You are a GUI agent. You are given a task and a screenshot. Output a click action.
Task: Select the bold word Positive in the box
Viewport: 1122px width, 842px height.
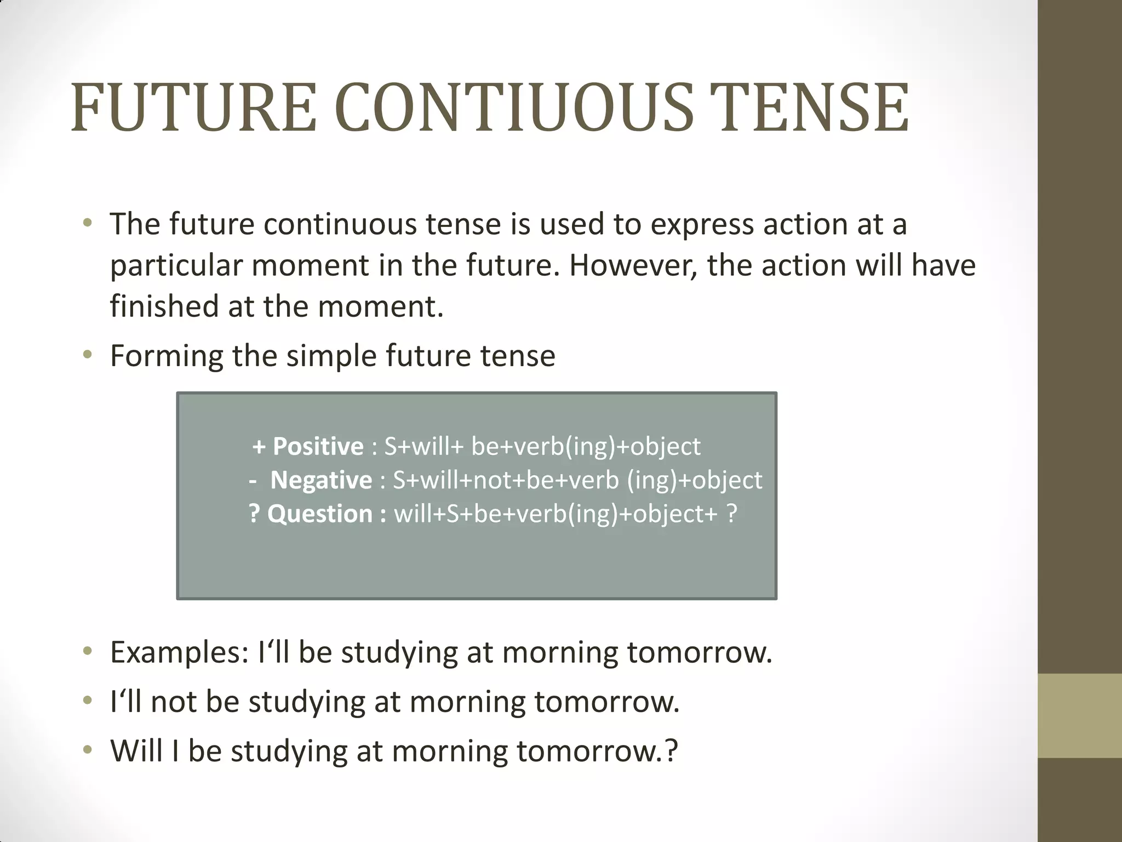(318, 447)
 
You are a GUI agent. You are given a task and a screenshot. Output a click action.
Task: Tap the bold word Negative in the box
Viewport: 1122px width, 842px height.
(321, 480)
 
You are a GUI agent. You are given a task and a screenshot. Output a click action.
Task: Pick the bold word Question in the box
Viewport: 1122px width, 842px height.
(320, 514)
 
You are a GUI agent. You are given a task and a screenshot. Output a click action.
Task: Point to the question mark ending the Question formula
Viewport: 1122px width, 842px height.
(731, 514)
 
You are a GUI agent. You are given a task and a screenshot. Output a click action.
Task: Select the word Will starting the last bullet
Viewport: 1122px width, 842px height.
(137, 750)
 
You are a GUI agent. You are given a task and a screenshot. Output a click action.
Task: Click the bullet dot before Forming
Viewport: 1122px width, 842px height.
(88, 355)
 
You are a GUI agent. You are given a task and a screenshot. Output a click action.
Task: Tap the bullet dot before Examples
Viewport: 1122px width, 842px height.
(88, 652)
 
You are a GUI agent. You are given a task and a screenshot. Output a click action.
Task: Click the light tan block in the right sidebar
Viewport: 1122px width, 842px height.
(1080, 715)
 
